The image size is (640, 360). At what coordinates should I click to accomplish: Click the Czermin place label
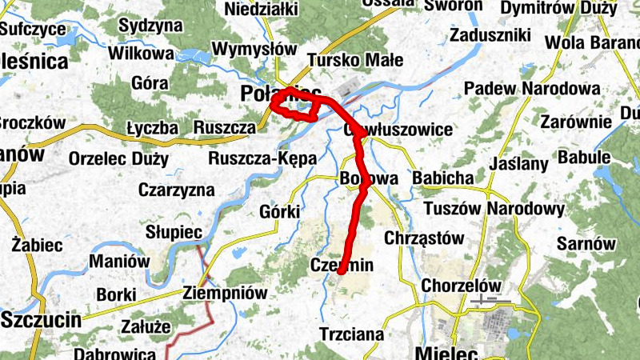(342, 266)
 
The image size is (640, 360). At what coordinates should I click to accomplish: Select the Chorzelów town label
(461, 286)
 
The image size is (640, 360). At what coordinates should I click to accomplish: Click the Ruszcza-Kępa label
(263, 158)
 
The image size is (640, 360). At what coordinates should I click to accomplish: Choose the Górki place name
(280, 211)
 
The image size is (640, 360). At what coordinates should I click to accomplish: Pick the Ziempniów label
(225, 293)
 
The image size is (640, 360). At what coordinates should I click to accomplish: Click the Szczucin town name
(42, 321)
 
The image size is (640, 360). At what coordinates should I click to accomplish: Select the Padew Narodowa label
(532, 88)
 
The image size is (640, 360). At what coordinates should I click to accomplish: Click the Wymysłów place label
(249, 48)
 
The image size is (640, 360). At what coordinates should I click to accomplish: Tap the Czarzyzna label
(176, 190)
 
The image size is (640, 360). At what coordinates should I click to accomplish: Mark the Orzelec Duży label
(118, 158)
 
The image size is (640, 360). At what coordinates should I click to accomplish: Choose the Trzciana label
(351, 334)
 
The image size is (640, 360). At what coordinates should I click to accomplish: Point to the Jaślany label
(518, 164)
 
